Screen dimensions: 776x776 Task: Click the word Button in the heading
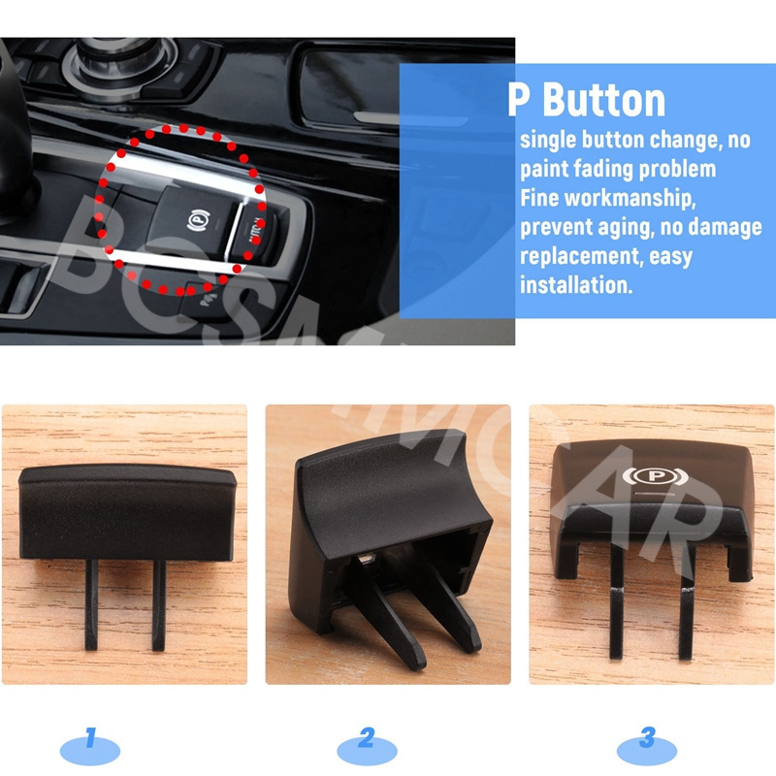603,101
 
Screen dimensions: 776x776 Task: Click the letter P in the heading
519,100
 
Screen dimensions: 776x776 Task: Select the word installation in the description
576,285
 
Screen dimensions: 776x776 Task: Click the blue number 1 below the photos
90,737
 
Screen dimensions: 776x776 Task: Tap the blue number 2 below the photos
367,737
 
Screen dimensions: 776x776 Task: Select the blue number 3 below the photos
647,737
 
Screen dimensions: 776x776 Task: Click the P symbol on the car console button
198,220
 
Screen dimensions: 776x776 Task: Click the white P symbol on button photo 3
656,475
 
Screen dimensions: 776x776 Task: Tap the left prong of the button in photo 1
91,604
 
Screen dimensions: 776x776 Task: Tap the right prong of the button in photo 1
159,604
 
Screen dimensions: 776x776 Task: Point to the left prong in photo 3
617,601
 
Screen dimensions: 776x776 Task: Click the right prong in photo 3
687,601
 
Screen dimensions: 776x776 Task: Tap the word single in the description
548,141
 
